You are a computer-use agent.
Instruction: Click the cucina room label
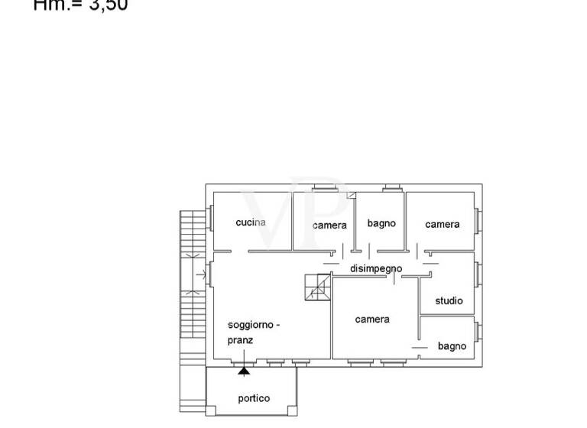coord(251,222)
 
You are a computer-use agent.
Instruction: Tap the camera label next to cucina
coord(329,225)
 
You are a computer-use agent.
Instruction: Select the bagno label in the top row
coord(381,223)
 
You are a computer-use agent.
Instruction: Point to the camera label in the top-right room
coord(443,224)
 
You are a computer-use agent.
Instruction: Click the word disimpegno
coord(376,268)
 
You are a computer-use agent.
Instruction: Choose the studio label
coord(449,300)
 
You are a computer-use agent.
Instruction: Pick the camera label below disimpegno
coord(372,319)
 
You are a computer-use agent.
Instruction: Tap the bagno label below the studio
coord(452,346)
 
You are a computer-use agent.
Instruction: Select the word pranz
coord(240,340)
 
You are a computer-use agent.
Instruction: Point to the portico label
coord(254,398)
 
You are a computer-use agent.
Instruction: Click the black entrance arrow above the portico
coord(244,371)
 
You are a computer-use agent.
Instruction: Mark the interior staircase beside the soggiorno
coord(317,286)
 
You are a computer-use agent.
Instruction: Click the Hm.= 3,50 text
coord(80,5)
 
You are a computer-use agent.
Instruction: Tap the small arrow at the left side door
coord(200,271)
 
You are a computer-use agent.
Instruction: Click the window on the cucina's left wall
coord(209,219)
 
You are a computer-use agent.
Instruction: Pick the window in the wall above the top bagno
coord(393,187)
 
